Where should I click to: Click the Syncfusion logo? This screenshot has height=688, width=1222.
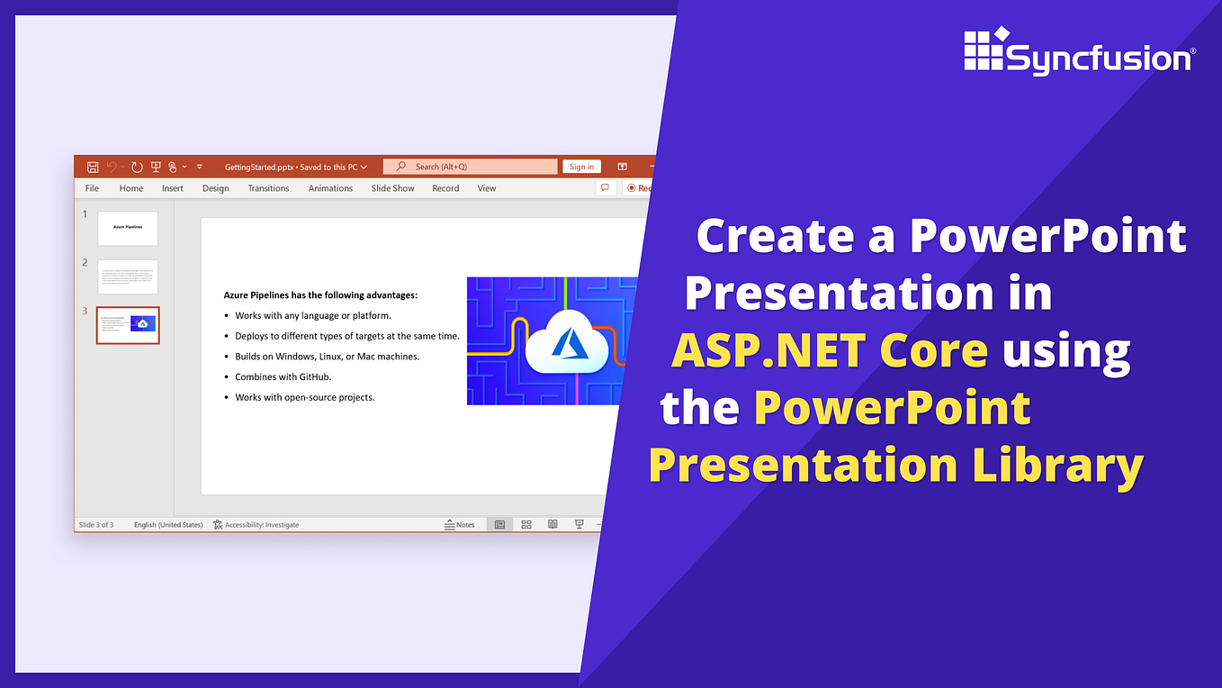point(1078,53)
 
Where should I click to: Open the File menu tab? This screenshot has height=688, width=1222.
point(92,188)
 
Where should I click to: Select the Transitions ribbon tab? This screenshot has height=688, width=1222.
point(268,188)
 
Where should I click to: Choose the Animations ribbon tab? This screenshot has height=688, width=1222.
point(330,188)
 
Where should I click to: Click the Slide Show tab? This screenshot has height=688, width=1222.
point(392,188)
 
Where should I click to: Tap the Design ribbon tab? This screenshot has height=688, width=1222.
point(215,188)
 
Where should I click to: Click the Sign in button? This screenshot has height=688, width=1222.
point(581,167)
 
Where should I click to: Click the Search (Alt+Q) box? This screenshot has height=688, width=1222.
point(470,167)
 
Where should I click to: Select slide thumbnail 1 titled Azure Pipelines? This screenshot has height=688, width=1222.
point(128,228)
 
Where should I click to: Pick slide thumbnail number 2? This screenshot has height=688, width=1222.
point(128,276)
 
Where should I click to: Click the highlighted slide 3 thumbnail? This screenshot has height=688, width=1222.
point(128,325)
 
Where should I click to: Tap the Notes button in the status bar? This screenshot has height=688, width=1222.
point(460,524)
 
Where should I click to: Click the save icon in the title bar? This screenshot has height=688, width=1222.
point(93,167)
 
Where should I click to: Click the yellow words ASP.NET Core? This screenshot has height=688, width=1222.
point(829,350)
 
